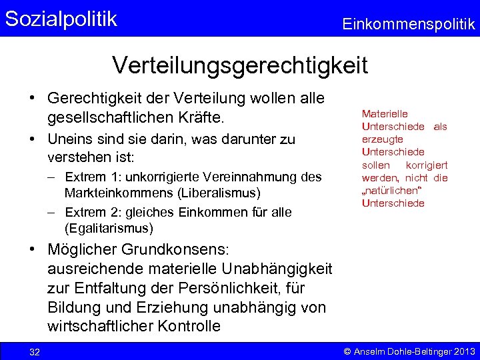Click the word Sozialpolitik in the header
coord(61,19)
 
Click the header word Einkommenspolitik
coord(409,25)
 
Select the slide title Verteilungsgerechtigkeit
coord(240,65)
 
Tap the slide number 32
coord(35,352)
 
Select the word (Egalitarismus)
coord(109,228)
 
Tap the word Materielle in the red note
coord(385,114)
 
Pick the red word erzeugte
coord(383,139)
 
